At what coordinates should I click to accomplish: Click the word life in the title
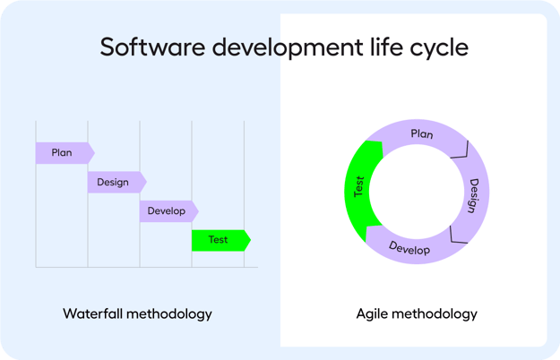[378, 47]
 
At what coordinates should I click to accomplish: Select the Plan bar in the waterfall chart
[63, 153]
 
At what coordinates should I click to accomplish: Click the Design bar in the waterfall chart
[115, 182]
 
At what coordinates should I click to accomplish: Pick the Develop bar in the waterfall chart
[167, 211]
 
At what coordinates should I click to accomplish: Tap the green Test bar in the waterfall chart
[219, 240]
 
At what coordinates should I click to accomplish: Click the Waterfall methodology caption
[137, 313]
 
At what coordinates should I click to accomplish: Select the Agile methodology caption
[417, 313]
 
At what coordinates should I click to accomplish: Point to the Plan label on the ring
[421, 134]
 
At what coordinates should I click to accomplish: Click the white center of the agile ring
[417, 193]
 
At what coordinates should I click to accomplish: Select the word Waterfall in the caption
[94, 313]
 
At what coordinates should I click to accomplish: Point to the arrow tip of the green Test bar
[248, 240]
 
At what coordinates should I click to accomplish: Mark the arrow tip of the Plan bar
[92, 153]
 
